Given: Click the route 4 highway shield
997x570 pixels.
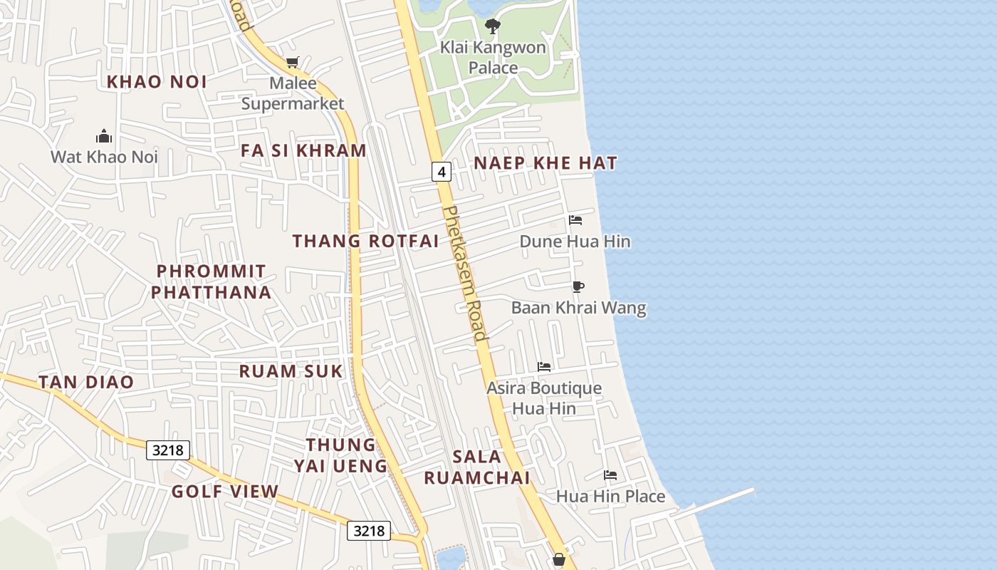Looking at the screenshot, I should [x=442, y=172].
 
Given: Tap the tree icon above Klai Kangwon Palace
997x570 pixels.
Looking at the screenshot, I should [x=492, y=27].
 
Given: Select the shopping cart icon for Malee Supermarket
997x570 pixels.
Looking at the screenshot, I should [x=292, y=63].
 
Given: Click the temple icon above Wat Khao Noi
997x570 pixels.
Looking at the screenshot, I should [x=104, y=136].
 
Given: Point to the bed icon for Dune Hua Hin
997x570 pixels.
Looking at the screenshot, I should [x=575, y=220].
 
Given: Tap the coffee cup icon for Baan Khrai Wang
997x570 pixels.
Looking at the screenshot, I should [x=578, y=286].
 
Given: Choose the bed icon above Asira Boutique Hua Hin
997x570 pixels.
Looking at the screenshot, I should [x=544, y=367].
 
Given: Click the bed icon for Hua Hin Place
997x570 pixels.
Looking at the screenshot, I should [x=610, y=475].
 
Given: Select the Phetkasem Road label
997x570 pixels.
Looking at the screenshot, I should [x=466, y=274].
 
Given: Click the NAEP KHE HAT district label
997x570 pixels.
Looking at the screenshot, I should [x=546, y=163].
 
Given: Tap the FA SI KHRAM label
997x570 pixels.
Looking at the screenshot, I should [x=303, y=151].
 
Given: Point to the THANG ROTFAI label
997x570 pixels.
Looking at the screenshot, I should [x=365, y=241].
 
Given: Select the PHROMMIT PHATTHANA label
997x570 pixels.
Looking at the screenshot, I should [x=212, y=282].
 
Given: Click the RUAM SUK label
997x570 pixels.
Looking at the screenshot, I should [x=291, y=371].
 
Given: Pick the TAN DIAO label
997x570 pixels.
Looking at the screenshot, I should [x=86, y=382].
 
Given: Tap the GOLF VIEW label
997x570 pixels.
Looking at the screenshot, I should [x=225, y=492].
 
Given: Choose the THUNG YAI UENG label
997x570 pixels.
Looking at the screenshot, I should [x=340, y=455].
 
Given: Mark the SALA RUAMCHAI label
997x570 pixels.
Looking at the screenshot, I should [x=477, y=467].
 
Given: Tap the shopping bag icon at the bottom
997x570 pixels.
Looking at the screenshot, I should [x=559, y=560].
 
